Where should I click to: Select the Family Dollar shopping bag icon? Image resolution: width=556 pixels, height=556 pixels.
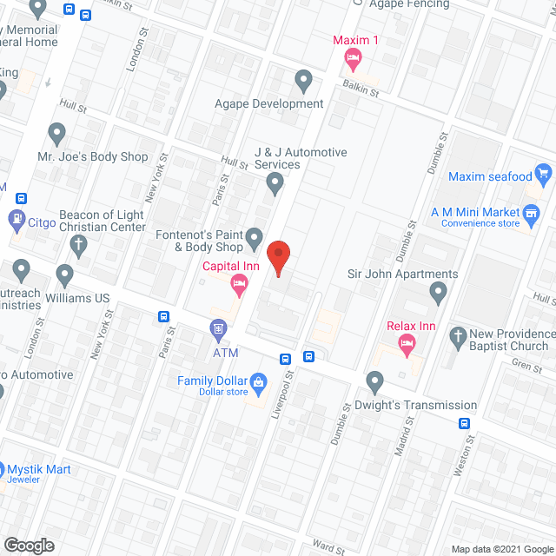pyautogui.click(x=258, y=381)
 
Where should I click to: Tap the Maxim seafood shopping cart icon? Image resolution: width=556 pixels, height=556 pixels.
pyautogui.click(x=544, y=174)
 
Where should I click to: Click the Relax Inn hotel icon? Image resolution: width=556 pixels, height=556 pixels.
pyautogui.click(x=406, y=345)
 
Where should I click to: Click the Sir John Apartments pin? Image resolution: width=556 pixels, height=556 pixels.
pyautogui.click(x=438, y=295)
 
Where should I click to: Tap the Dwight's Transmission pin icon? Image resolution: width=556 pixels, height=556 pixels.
pyautogui.click(x=375, y=381)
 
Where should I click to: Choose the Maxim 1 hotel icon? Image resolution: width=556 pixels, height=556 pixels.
pyautogui.click(x=353, y=59)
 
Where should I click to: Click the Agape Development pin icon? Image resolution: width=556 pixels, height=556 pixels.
pyautogui.click(x=303, y=82)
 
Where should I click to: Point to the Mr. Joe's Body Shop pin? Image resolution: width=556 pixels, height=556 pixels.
pyautogui.click(x=57, y=135)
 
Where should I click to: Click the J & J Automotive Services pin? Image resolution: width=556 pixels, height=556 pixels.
pyautogui.click(x=275, y=183)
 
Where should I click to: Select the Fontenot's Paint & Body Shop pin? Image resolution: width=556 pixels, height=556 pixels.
pyautogui.click(x=255, y=236)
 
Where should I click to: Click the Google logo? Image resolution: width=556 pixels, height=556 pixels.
pyautogui.click(x=28, y=546)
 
